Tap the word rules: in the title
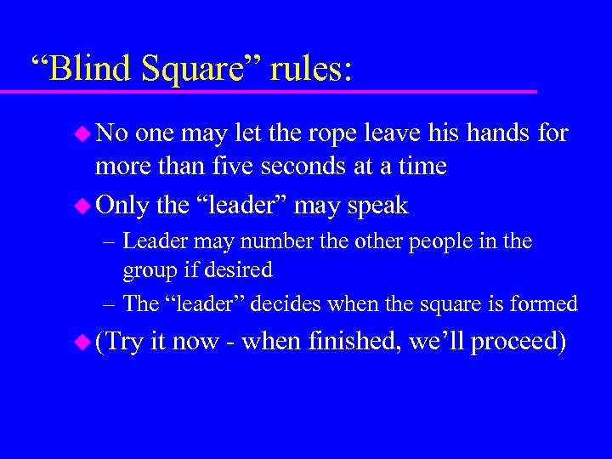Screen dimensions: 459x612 310,68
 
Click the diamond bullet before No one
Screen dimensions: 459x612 82,133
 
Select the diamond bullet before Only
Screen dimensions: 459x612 82,206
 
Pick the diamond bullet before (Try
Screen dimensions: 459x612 82,343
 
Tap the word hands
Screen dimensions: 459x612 501,133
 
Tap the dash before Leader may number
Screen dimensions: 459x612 110,242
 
